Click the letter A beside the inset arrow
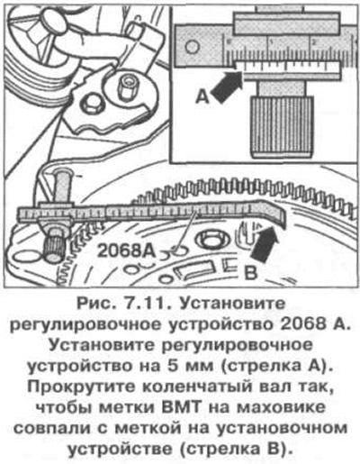click(202, 97)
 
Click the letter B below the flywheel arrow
click(250, 273)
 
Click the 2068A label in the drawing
click(127, 251)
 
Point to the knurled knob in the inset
click(282, 127)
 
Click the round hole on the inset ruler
click(192, 47)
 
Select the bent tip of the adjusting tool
click(275, 214)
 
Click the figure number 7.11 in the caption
click(147, 304)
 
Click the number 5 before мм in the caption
click(174, 367)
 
